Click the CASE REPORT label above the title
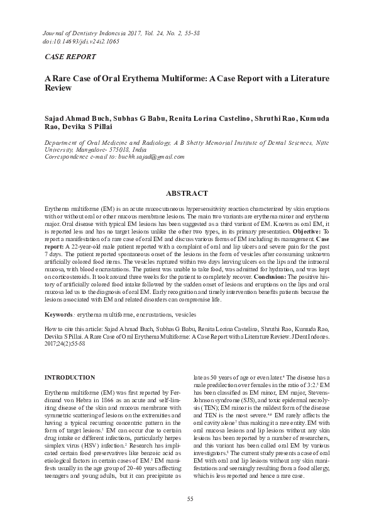point(70,57)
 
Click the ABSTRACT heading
point(187,193)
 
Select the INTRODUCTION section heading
point(70,377)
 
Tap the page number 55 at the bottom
point(190,499)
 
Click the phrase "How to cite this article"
point(77,329)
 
